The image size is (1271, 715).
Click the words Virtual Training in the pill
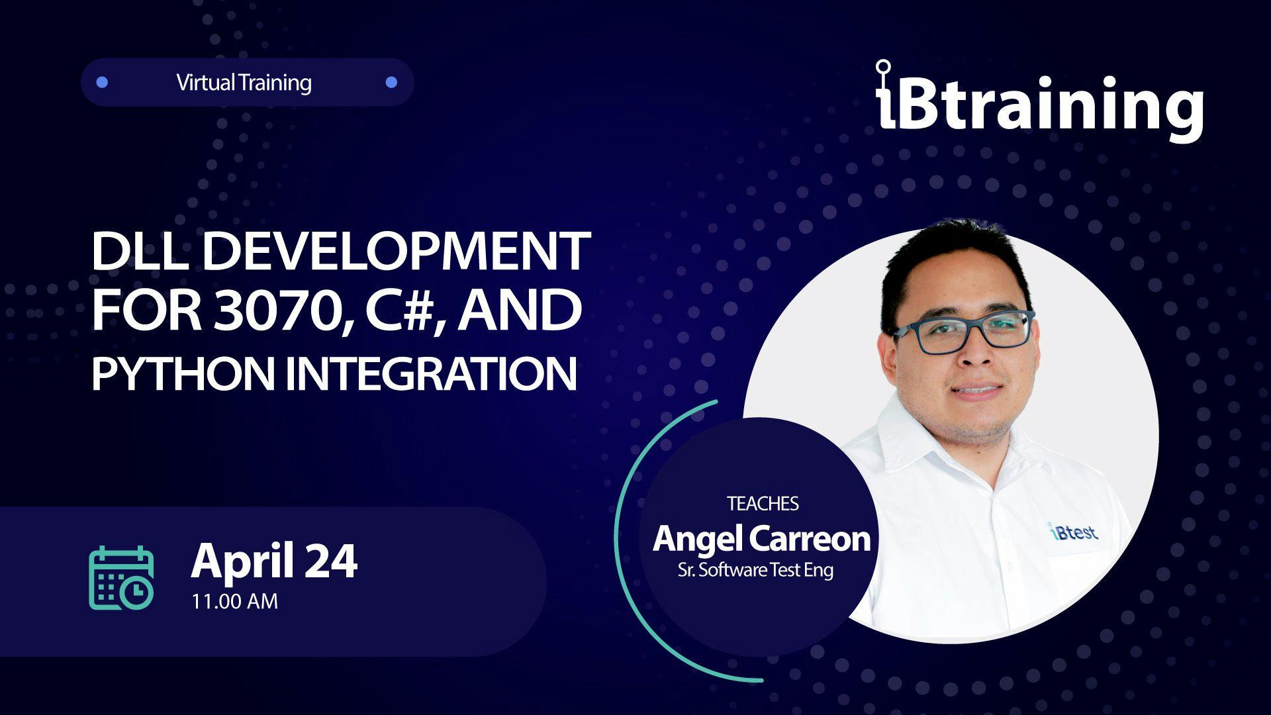pos(244,83)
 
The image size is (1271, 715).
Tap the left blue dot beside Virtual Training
pos(102,82)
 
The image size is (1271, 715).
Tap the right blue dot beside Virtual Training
pos(391,82)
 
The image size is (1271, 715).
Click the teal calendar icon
pos(122,577)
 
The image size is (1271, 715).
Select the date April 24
pos(274,561)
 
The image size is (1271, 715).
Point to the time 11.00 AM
pos(235,601)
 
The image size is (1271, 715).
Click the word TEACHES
pos(763,504)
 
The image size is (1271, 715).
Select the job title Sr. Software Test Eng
pos(755,570)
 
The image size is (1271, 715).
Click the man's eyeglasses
pos(963,331)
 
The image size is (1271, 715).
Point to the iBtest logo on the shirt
pos(1072,532)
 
